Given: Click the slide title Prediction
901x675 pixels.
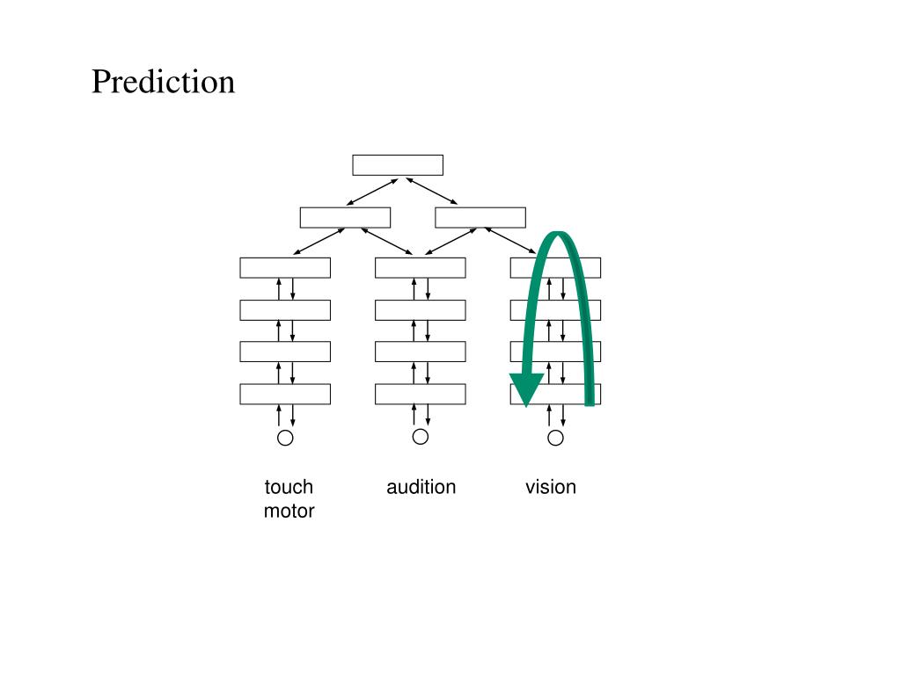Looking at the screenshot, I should pyautogui.click(x=164, y=83).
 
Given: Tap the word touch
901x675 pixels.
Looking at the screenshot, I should pyautogui.click(x=289, y=487).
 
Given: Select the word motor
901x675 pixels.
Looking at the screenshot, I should pyautogui.click(x=289, y=512).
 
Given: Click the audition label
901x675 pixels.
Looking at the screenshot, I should pyautogui.click(x=421, y=487).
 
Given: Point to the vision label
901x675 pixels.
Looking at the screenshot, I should pyautogui.click(x=551, y=487).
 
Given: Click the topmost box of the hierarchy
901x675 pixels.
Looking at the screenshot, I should pyautogui.click(x=398, y=165).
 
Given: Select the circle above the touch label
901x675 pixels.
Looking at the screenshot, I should pyautogui.click(x=285, y=437).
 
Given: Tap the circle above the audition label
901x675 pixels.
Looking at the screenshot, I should pyautogui.click(x=421, y=437).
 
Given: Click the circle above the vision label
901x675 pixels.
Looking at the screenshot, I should pyautogui.click(x=555, y=437).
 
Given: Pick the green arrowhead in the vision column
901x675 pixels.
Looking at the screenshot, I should pyautogui.click(x=526, y=388).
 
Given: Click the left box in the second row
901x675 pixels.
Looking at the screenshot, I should pyautogui.click(x=345, y=217).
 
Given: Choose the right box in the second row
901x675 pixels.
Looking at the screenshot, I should pyautogui.click(x=480, y=217).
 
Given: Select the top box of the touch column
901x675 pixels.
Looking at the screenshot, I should pyautogui.click(x=285, y=267).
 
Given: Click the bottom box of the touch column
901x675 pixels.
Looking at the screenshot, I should pyautogui.click(x=285, y=394).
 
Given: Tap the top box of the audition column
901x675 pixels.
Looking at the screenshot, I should pyautogui.click(x=421, y=267).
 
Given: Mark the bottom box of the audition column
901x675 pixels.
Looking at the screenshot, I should pyautogui.click(x=421, y=394).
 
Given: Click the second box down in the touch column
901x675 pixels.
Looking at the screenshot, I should pyautogui.click(x=285, y=309).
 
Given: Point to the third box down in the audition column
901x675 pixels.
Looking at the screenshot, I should pyautogui.click(x=421, y=352).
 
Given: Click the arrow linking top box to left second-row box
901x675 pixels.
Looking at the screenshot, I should pyautogui.click(x=372, y=192).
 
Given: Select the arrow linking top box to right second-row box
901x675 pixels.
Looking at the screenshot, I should pyautogui.click(x=431, y=191).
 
